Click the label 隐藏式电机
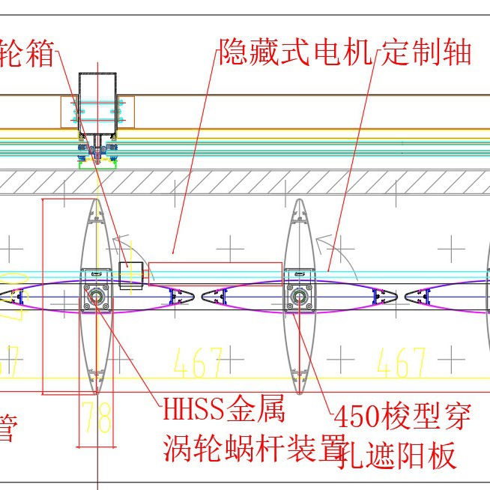297,52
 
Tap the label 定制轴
427,52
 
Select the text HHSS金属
223,411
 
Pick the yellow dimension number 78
96,417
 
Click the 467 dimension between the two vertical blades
198,363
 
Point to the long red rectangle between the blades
215,273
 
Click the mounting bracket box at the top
97,111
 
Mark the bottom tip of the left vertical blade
96,391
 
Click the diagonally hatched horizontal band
245,181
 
